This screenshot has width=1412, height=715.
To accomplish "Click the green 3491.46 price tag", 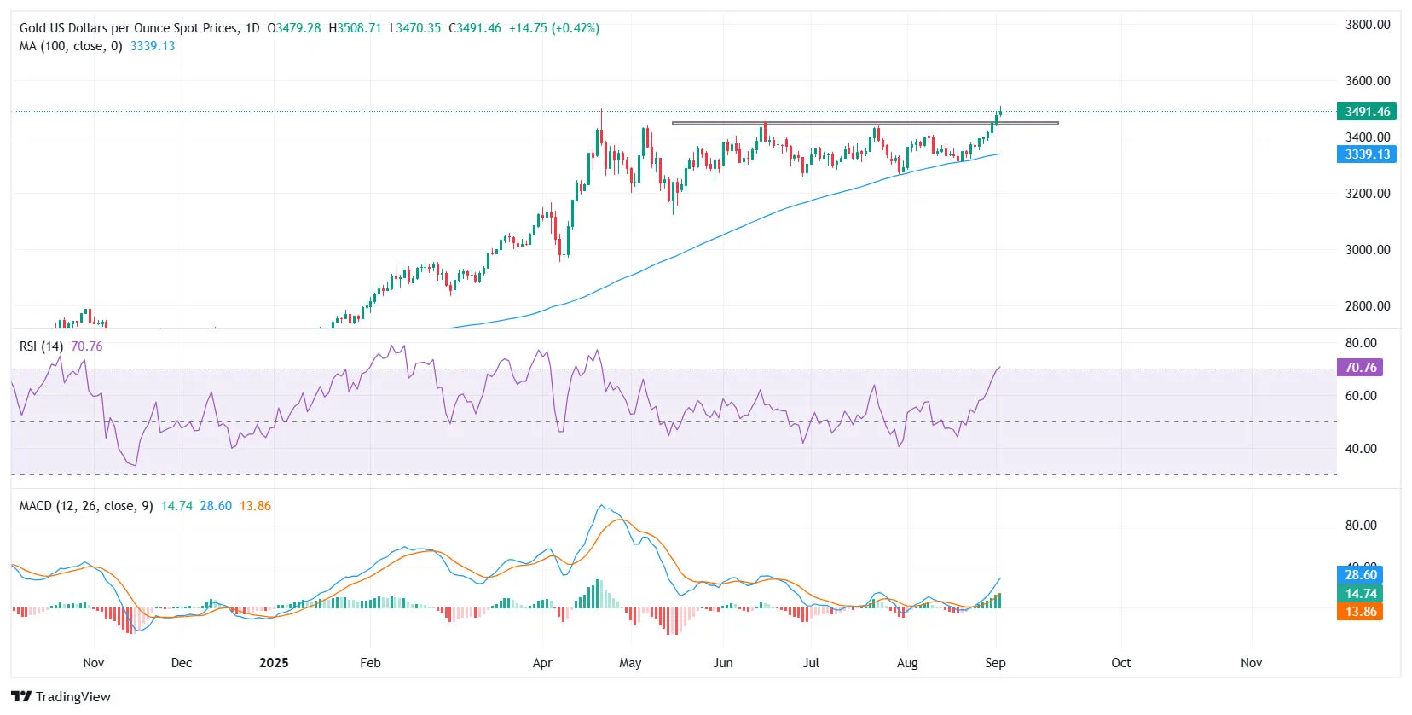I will click(x=1367, y=112).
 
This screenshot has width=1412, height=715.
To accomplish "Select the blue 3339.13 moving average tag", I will click(x=1367, y=154).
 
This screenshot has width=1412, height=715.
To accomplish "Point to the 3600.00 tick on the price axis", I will click(x=1367, y=81).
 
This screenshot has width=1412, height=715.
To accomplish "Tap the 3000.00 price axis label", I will click(x=1367, y=250).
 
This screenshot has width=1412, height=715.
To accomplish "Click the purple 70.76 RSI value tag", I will click(x=1360, y=368).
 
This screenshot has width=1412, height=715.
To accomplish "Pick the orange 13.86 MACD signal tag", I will click(x=1360, y=612).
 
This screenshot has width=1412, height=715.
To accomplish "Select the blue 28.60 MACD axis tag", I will click(x=1360, y=575).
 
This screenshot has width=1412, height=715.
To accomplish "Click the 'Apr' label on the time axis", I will click(x=542, y=663).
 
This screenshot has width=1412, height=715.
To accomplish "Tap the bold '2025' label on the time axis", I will click(x=274, y=663).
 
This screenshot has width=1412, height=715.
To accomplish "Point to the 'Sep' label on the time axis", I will click(x=995, y=663).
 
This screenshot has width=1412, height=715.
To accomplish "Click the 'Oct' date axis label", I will click(x=1120, y=663).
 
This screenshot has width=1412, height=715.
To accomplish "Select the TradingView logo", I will click(x=61, y=696).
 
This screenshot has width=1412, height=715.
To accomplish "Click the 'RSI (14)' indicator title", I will click(x=41, y=346).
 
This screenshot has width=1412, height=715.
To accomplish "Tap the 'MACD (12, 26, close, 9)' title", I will click(x=86, y=506).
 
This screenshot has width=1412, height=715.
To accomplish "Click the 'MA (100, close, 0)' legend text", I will click(x=71, y=46).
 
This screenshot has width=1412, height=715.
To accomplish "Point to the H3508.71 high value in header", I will click(x=355, y=28).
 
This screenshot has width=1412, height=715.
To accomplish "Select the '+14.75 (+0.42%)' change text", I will click(x=553, y=28).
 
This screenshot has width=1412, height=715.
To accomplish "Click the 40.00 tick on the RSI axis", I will click(x=1360, y=449).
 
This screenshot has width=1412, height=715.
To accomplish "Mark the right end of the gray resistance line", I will click(x=1057, y=124).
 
